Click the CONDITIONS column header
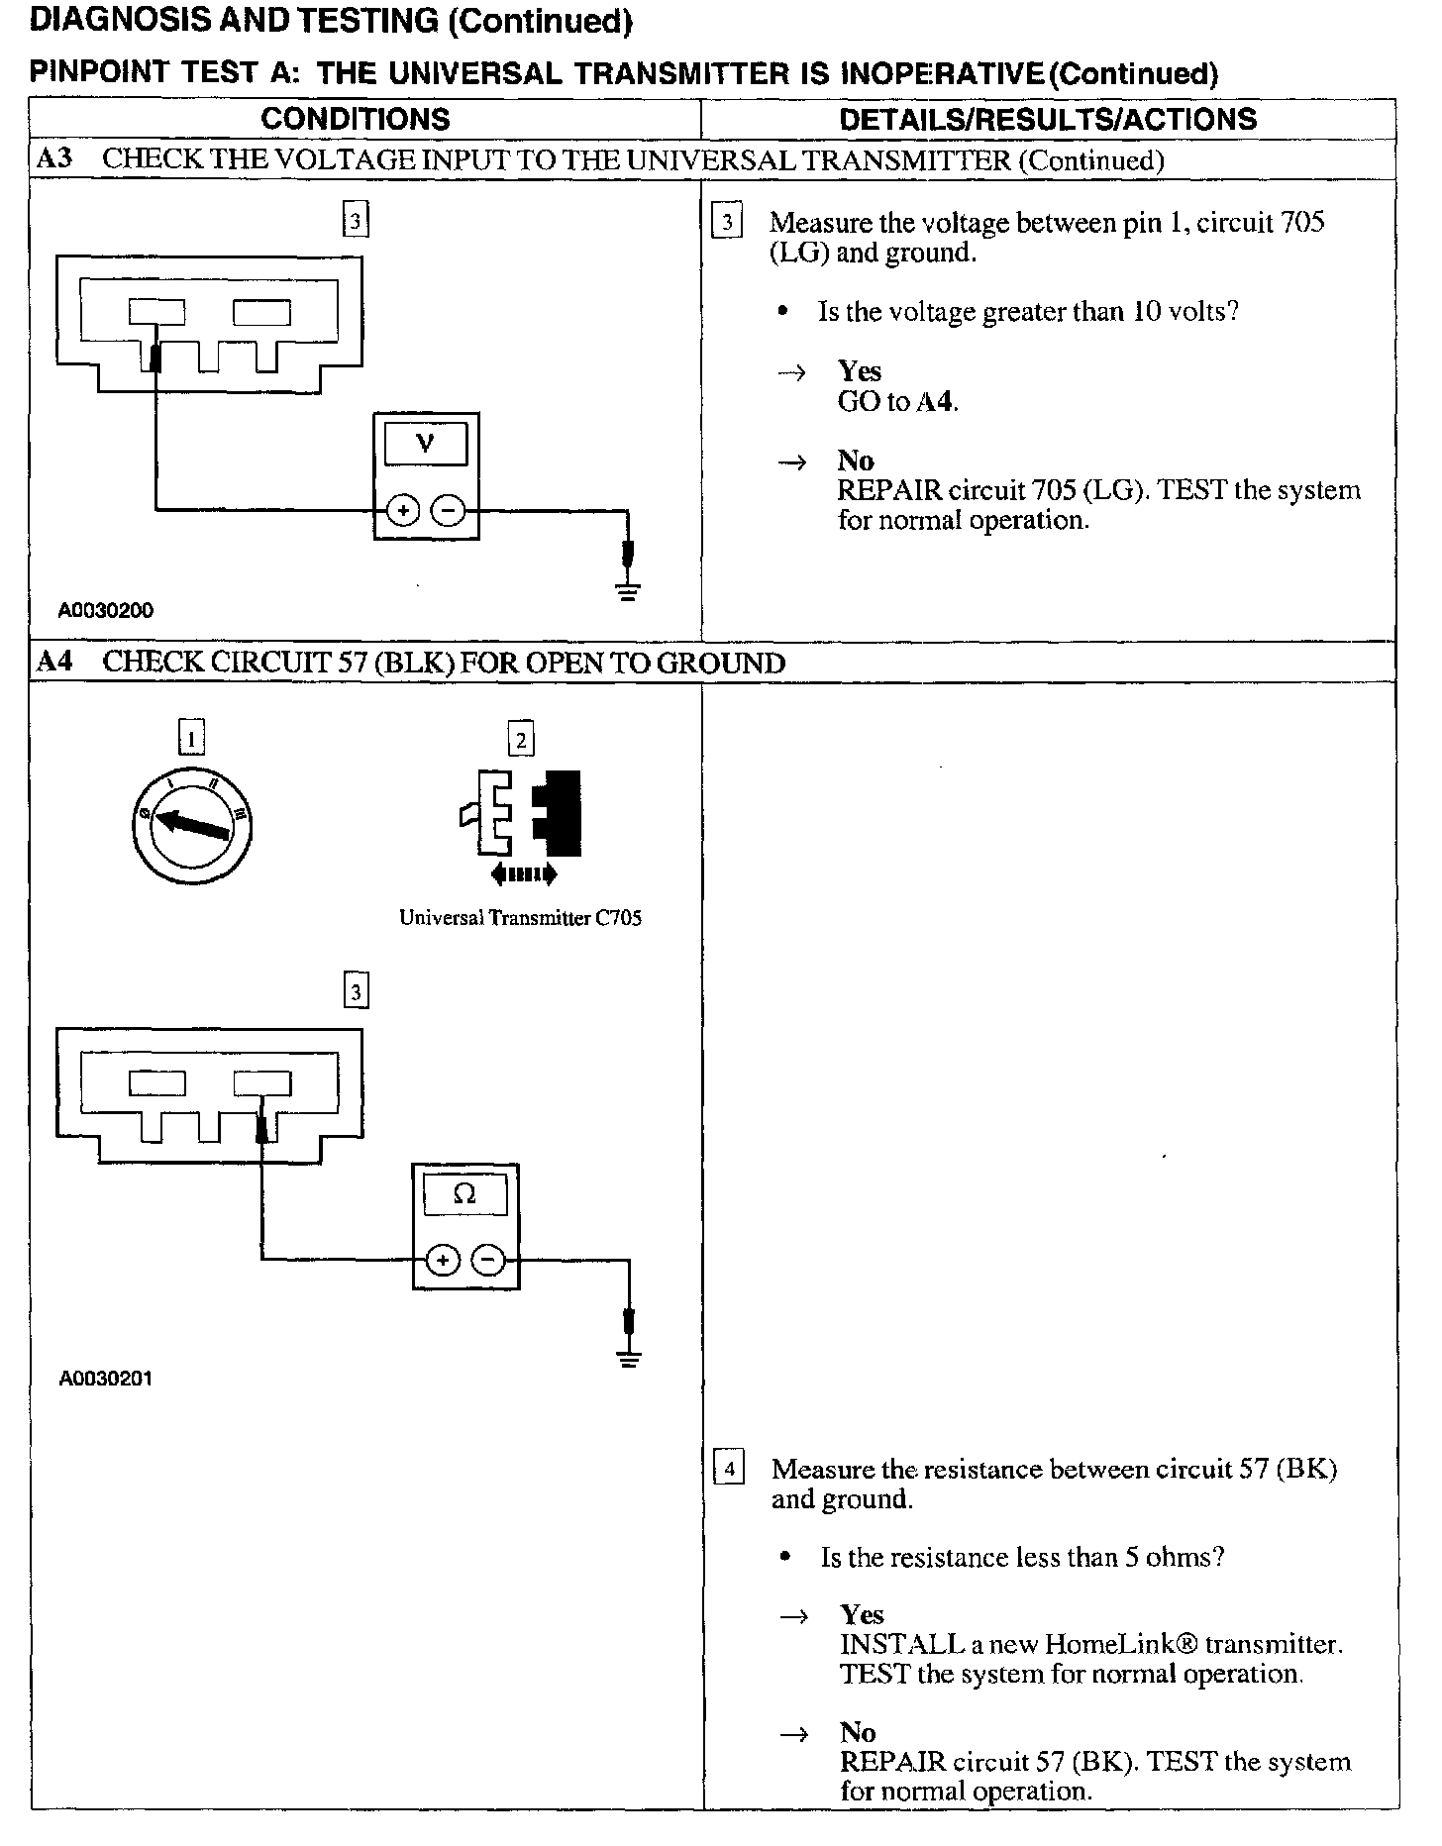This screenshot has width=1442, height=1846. (x=356, y=120)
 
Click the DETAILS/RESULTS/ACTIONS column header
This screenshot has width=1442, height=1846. (x=1048, y=120)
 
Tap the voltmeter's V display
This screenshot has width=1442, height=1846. (x=426, y=444)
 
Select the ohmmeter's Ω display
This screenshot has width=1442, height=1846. (x=464, y=1194)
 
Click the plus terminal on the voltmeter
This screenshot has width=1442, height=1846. (x=403, y=511)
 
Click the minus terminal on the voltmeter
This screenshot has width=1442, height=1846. (x=449, y=511)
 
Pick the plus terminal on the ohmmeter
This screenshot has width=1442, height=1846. (x=443, y=1260)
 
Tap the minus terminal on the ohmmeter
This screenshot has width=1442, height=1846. (x=489, y=1260)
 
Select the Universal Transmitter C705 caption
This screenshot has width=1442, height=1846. (x=520, y=918)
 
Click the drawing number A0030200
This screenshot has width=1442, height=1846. (x=106, y=611)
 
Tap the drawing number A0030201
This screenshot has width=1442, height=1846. (x=106, y=1379)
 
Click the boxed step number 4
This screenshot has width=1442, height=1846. (x=729, y=1469)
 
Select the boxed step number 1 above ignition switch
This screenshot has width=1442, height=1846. (x=191, y=738)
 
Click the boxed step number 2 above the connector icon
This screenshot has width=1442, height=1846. (x=521, y=739)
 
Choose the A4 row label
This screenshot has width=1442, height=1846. (x=53, y=662)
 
